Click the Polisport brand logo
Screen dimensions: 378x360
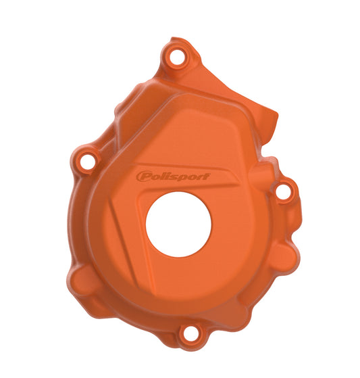173,176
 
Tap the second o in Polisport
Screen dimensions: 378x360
186,178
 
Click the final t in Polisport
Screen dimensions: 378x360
204,176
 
